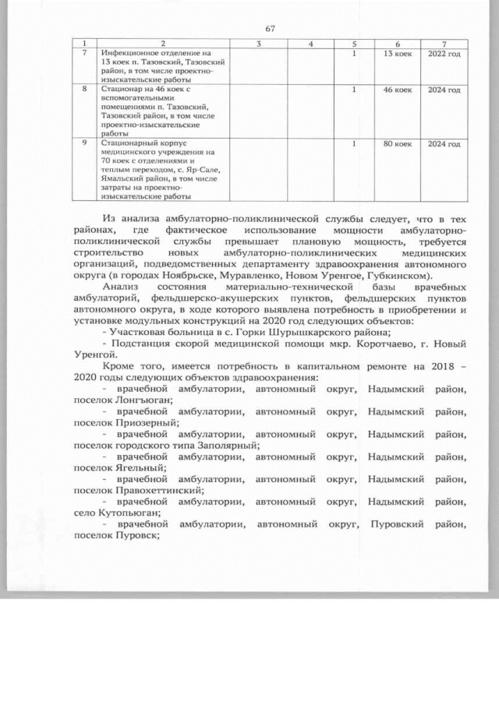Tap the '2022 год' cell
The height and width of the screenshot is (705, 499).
point(445,54)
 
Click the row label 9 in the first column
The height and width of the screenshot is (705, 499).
point(84,144)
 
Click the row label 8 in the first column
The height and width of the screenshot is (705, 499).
point(84,90)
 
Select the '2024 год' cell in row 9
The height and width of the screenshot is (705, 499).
point(445,144)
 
